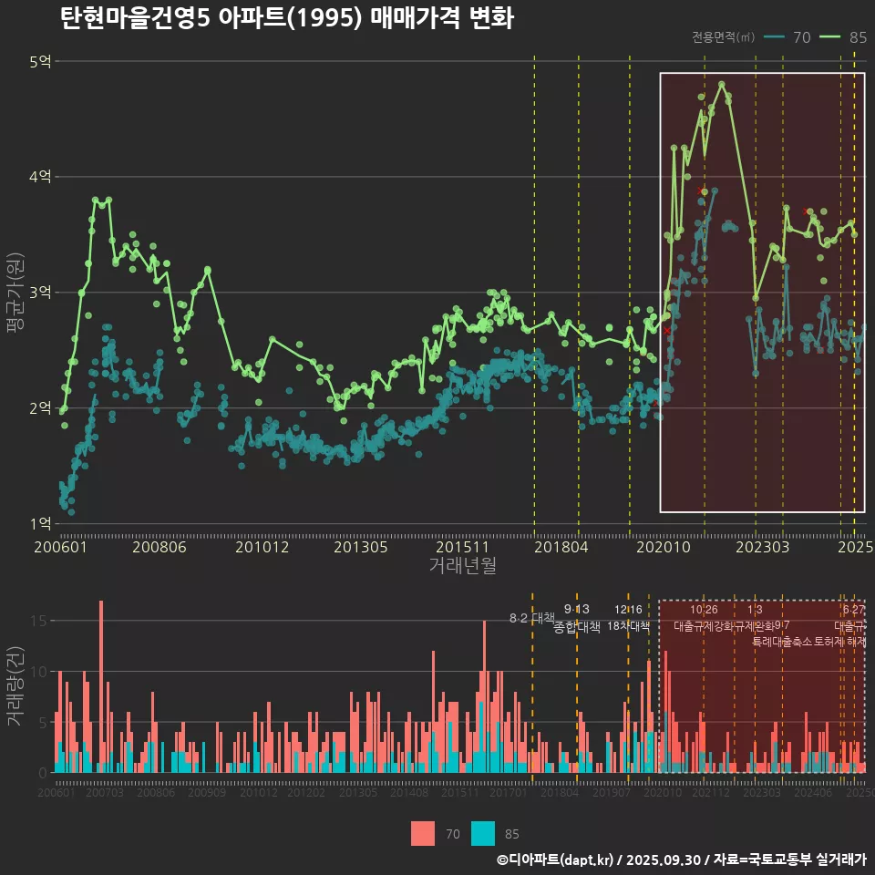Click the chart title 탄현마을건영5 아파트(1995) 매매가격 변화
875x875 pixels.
click(x=286, y=18)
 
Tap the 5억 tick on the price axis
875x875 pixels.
click(x=41, y=62)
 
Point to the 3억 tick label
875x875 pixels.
click(x=41, y=293)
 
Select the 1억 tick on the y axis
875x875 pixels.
click(x=41, y=524)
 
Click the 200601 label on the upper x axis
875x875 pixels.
click(x=60, y=548)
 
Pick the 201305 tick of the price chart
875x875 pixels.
click(x=361, y=548)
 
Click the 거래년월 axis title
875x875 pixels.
click(x=462, y=566)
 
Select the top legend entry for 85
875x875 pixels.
click(x=843, y=37)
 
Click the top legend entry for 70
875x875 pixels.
click(x=788, y=37)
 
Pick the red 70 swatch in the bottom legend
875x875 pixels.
click(x=423, y=833)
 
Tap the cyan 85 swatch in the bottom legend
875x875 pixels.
click(x=483, y=833)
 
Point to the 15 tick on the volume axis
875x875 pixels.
click(x=40, y=621)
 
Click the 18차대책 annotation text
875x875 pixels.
click(x=628, y=626)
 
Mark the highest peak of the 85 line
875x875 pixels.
click(x=721, y=84)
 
